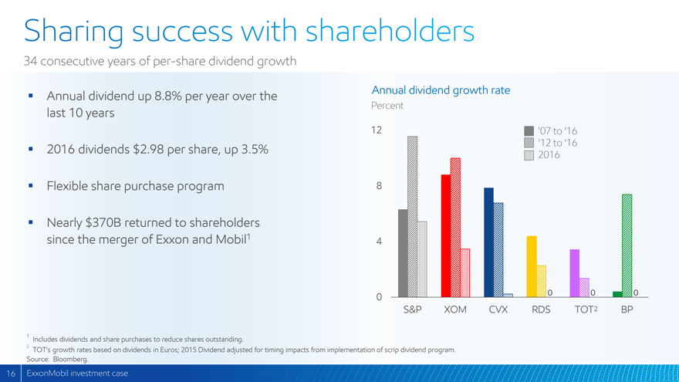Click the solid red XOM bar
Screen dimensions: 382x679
(x=446, y=235)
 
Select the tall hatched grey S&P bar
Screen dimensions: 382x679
(x=413, y=216)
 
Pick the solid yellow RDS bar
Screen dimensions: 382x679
(x=532, y=266)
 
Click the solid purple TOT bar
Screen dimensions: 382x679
(x=574, y=273)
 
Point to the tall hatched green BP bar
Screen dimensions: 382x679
(x=627, y=245)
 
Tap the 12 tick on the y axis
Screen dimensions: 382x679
(x=377, y=130)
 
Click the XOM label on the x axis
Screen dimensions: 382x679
(x=455, y=311)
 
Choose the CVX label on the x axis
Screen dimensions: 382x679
(x=498, y=311)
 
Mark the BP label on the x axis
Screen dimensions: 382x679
(x=627, y=311)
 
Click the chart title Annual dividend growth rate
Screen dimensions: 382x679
(x=441, y=90)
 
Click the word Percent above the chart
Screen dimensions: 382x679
(x=388, y=105)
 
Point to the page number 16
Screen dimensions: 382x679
(x=8, y=374)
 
